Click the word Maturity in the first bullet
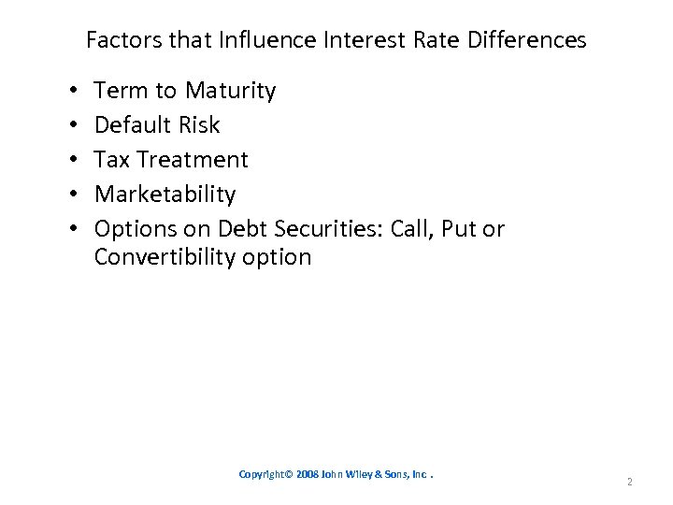pyautogui.click(x=230, y=91)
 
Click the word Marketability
pyautogui.click(x=165, y=195)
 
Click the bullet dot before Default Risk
pyautogui.click(x=73, y=125)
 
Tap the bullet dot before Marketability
pyautogui.click(x=73, y=195)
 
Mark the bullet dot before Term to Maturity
pyautogui.click(x=73, y=91)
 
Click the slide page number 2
pyautogui.click(x=630, y=483)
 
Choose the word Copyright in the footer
pyautogui.click(x=265, y=475)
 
